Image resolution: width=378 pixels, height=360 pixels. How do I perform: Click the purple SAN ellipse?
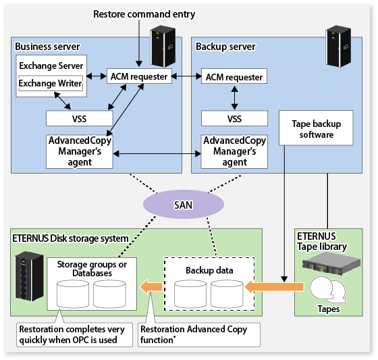point(184,205)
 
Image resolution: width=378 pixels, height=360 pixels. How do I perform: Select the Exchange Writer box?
point(51,83)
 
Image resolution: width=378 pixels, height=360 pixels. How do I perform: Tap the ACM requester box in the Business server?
point(139,76)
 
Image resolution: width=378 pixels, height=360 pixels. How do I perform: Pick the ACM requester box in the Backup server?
point(234,76)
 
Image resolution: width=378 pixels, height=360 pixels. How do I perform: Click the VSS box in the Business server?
point(80,118)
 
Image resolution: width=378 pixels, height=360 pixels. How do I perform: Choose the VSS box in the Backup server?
point(234,118)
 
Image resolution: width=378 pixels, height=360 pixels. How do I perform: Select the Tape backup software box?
point(316,128)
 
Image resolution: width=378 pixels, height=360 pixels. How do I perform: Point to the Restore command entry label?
point(144,14)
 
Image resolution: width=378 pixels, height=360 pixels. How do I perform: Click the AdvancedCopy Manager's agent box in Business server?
point(80,151)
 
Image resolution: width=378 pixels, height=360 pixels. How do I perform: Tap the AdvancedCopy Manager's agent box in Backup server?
point(234,151)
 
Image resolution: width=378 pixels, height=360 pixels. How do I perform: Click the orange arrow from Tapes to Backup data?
point(274,287)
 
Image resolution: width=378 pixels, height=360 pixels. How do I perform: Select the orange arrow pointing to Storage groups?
point(151,287)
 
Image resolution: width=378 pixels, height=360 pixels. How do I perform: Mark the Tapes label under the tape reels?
point(328,309)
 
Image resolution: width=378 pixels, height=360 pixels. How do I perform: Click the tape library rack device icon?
point(331,263)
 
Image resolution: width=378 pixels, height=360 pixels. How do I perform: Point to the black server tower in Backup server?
point(338,46)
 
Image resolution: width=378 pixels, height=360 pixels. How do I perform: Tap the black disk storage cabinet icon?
point(29,276)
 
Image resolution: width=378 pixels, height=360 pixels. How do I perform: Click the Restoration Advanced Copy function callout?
point(199,334)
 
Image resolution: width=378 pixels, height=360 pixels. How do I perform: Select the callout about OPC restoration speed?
point(74,334)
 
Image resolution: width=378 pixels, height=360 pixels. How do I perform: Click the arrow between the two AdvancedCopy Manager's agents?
point(157,153)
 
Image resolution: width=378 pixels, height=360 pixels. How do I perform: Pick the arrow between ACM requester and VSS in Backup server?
point(235,98)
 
